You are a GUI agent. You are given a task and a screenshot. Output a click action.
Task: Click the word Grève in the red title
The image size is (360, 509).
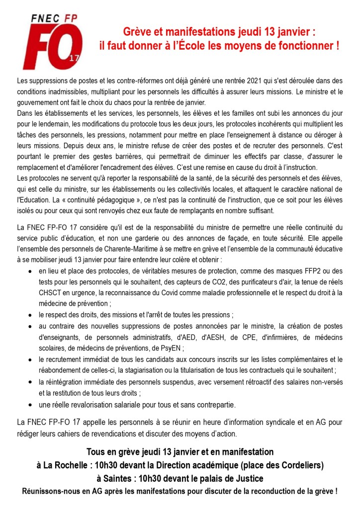136,33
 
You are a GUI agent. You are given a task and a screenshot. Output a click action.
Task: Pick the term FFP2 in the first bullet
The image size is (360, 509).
312,271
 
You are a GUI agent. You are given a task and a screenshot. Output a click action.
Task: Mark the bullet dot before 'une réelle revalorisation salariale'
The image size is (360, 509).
31,404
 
